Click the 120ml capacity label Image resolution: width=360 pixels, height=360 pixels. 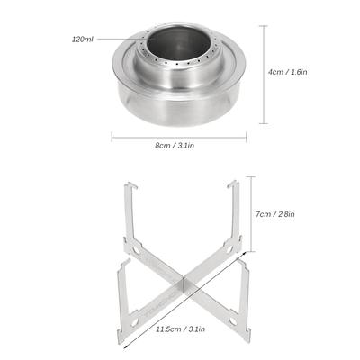[x=83, y=40]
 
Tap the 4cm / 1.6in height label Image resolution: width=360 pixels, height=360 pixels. [x=288, y=72]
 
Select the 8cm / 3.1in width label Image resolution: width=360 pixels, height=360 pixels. [x=175, y=146]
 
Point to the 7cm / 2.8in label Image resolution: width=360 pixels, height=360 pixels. [x=275, y=214]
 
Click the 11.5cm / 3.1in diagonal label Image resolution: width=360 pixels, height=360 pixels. [x=180, y=328]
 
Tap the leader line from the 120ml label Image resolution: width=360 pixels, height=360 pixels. [x=123, y=39]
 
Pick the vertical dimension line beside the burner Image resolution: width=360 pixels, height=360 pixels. [x=264, y=75]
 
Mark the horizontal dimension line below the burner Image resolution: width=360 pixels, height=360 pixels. [x=179, y=138]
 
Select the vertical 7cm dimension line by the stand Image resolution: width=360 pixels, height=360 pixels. [x=251, y=214]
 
